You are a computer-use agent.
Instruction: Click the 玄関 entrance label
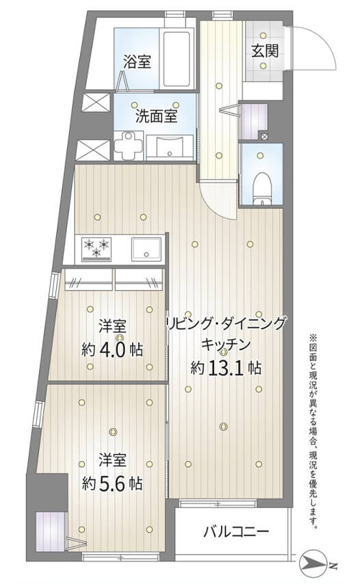click(x=264, y=51)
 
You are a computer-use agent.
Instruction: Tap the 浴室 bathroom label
click(x=137, y=62)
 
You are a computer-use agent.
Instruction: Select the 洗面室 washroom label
click(x=156, y=116)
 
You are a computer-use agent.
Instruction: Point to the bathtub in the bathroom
click(x=180, y=58)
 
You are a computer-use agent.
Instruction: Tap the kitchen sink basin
click(x=146, y=248)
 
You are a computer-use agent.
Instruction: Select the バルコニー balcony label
click(x=236, y=531)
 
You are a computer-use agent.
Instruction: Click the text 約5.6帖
click(x=112, y=483)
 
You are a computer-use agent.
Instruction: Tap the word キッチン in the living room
click(x=225, y=345)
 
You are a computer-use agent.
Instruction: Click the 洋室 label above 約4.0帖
click(x=112, y=326)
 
